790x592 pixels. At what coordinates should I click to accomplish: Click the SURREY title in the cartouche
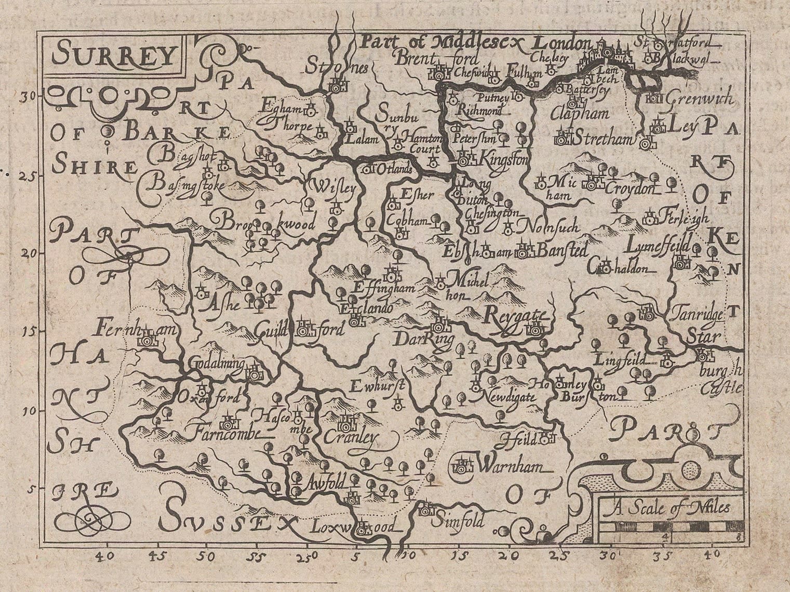pyautogui.click(x=115, y=55)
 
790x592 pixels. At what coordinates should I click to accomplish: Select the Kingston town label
pyautogui.click(x=500, y=157)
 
